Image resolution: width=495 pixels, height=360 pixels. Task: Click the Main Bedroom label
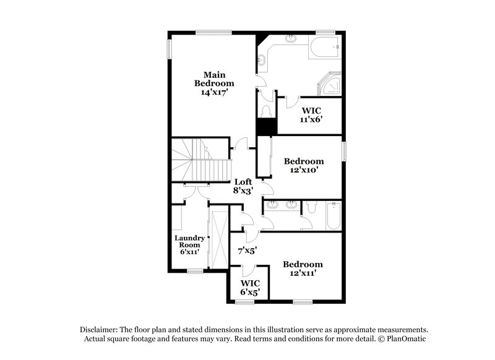(213, 79)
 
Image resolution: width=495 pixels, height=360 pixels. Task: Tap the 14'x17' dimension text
(213, 92)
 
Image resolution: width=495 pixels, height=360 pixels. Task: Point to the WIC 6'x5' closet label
(249, 286)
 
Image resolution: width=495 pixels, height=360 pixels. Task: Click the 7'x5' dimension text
(247, 251)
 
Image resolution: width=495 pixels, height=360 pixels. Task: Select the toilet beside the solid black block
(267, 110)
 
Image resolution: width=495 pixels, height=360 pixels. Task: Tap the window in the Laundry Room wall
(195, 270)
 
